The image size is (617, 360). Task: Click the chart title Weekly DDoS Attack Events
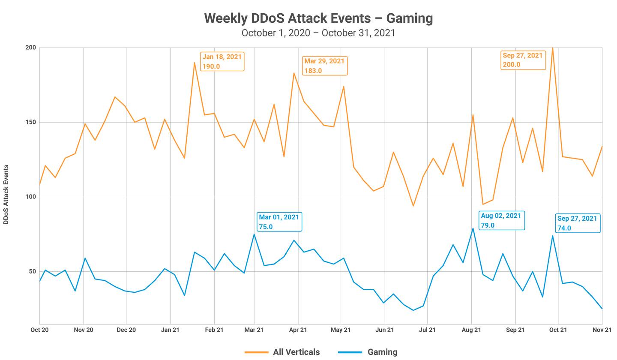(x=318, y=18)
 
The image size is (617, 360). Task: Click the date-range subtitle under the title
(x=318, y=33)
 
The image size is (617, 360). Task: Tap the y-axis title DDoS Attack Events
(x=6, y=194)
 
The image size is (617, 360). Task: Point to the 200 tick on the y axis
(x=30, y=48)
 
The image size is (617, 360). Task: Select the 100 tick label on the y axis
(x=30, y=197)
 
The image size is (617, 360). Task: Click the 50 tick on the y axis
(x=32, y=271)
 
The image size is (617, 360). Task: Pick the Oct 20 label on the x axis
(x=39, y=330)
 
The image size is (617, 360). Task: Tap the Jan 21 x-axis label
(x=170, y=330)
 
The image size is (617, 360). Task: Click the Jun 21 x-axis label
(x=384, y=330)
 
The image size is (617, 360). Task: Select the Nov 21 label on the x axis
(x=602, y=330)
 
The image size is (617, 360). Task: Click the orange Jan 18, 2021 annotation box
(x=222, y=61)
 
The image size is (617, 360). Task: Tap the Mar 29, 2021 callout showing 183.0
(x=324, y=66)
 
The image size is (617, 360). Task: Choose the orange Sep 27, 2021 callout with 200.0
(x=523, y=60)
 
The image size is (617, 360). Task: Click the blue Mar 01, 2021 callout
(x=279, y=222)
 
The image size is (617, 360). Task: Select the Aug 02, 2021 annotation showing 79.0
(x=501, y=220)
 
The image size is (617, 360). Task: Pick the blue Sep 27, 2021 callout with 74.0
(x=577, y=223)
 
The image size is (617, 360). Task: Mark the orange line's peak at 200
(x=553, y=48)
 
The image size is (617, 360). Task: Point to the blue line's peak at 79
(x=473, y=228)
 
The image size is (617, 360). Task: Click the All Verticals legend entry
(x=282, y=352)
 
